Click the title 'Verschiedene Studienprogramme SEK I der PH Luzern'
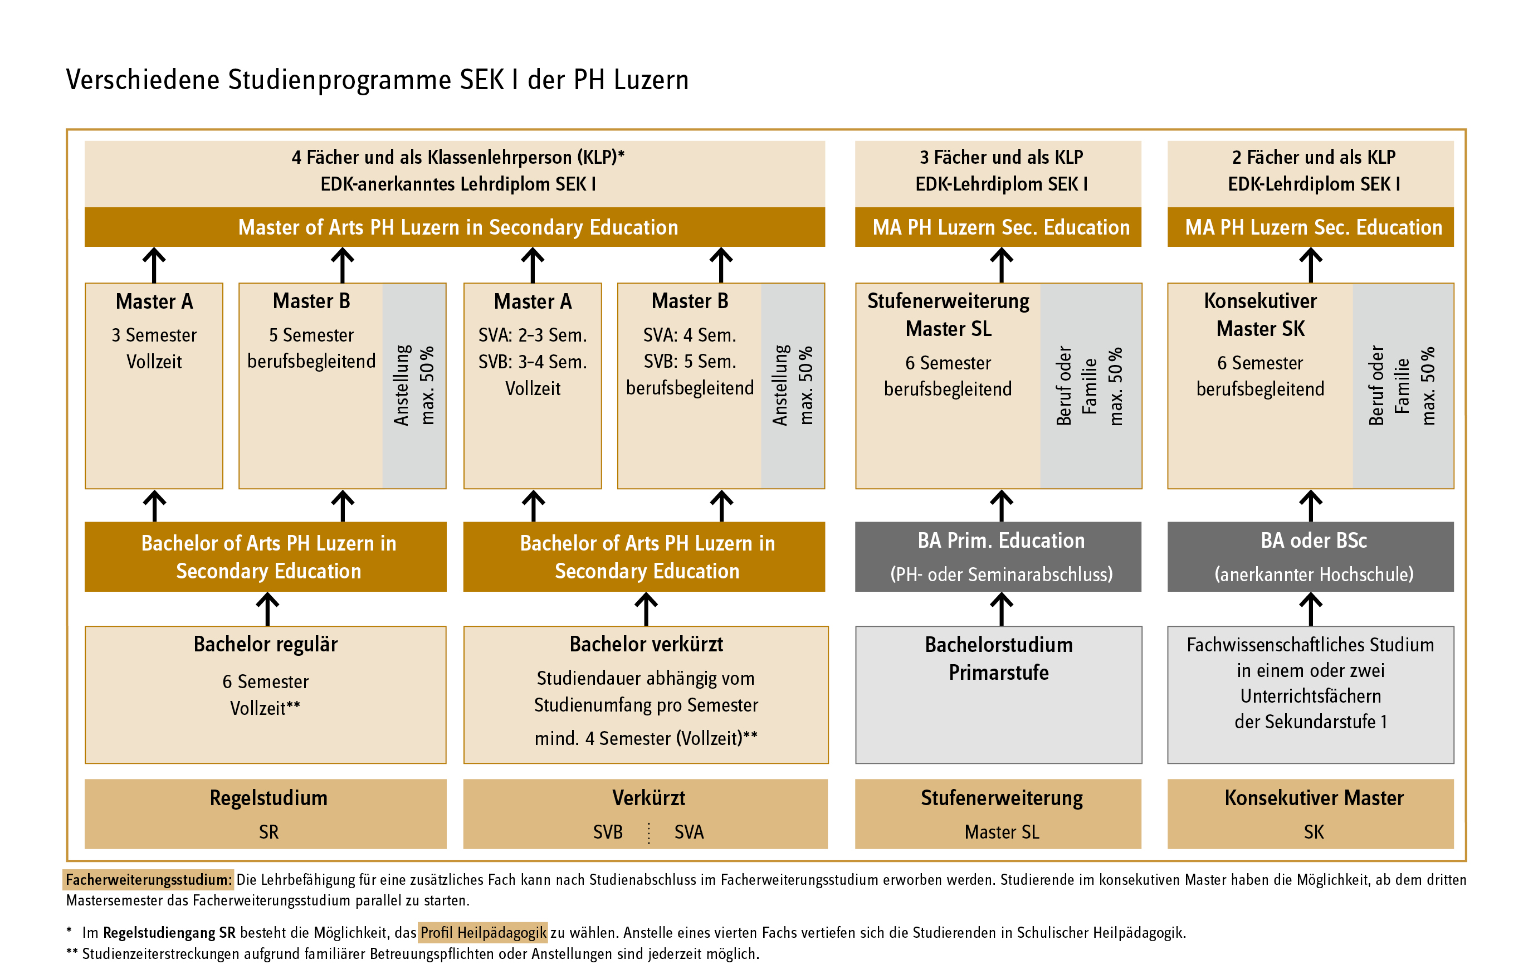(377, 80)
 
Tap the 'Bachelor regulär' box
(266, 694)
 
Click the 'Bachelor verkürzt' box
(646, 694)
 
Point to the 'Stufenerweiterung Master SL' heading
(948, 314)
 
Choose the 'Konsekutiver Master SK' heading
(1260, 314)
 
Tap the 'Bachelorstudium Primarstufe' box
(998, 694)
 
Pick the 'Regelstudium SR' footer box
(266, 814)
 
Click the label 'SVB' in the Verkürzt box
(607, 832)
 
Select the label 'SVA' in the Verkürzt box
(689, 832)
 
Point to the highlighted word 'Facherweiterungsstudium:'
(149, 880)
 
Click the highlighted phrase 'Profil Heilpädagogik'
(482, 933)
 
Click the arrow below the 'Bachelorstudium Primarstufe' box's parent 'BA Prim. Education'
(1002, 608)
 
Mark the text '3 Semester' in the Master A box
(154, 335)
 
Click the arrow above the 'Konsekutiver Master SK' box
(1310, 264)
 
